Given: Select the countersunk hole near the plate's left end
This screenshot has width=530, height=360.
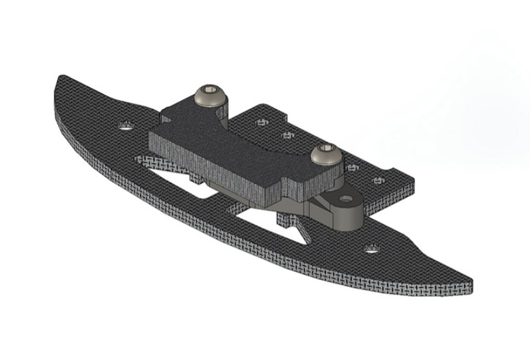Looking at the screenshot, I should pos(126,126).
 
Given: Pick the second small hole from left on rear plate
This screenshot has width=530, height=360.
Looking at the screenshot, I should pos(287,134).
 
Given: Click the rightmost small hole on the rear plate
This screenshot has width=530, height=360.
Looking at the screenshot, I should pos(377,181).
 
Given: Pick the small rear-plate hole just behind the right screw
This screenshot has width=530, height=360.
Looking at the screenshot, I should pos(351,167).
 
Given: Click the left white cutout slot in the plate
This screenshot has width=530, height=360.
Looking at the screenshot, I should pos(181,184).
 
